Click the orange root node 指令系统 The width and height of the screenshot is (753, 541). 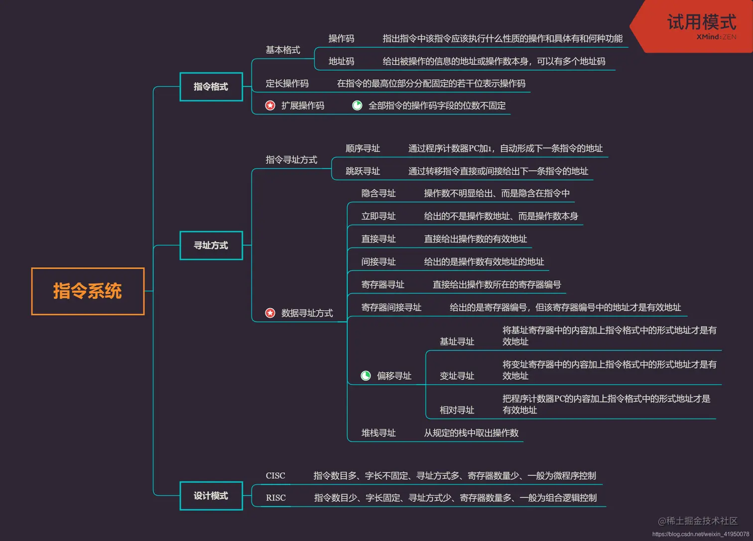pos(88,291)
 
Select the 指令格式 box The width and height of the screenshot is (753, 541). pos(211,87)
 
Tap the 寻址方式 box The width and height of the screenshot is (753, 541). pos(211,245)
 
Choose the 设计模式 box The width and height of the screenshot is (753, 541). pos(211,496)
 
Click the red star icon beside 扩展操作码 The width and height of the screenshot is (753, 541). pos(270,106)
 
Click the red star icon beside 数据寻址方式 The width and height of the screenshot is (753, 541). pos(270,313)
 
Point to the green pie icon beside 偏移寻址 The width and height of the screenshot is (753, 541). pos(366,376)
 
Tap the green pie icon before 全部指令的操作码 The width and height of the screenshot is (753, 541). pos(357,106)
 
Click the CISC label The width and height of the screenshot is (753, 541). pos(275,476)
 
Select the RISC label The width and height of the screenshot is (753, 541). pos(276,498)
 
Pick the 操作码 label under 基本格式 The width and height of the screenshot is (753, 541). pos(341,39)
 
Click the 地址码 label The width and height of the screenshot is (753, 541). pos(341,62)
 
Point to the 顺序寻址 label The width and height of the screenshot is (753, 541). pos(363,148)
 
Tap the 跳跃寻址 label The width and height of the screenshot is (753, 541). pos(363,171)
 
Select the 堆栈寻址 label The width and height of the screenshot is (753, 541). pos(378,433)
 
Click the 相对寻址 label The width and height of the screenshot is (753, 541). pos(457,410)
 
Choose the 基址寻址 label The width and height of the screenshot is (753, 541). pos(457,341)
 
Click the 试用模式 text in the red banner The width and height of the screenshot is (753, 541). pos(701,22)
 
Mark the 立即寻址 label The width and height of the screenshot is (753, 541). pos(378,216)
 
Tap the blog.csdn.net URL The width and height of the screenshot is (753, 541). pos(700,534)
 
